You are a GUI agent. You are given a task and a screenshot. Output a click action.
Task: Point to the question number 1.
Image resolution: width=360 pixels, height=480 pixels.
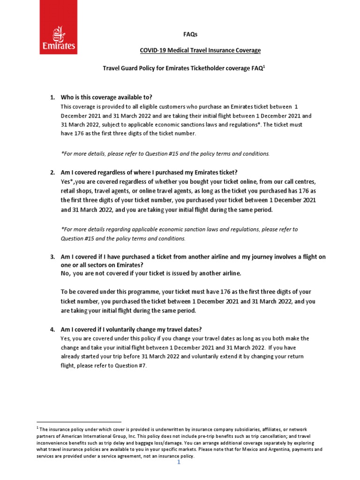(52, 97)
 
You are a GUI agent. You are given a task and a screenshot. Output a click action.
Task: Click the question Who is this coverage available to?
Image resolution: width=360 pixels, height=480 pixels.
(106, 97)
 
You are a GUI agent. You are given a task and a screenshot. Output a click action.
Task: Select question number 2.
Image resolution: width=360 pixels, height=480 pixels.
(52, 172)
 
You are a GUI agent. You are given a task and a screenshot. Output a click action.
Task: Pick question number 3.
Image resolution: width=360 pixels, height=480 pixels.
(52, 257)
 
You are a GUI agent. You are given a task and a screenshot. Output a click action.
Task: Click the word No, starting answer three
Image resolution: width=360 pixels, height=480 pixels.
(67, 273)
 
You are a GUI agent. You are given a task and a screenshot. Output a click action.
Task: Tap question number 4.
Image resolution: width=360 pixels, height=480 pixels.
(52, 329)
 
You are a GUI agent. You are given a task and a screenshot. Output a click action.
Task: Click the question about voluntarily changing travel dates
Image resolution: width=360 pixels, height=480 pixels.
(131, 329)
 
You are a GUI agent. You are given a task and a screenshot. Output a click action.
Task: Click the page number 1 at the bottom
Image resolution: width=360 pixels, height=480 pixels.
(179, 462)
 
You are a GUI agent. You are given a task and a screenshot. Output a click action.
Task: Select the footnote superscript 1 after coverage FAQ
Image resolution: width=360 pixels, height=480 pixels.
(264, 66)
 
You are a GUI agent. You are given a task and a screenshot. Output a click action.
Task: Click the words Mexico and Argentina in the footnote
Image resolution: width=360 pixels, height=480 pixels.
(274, 449)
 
